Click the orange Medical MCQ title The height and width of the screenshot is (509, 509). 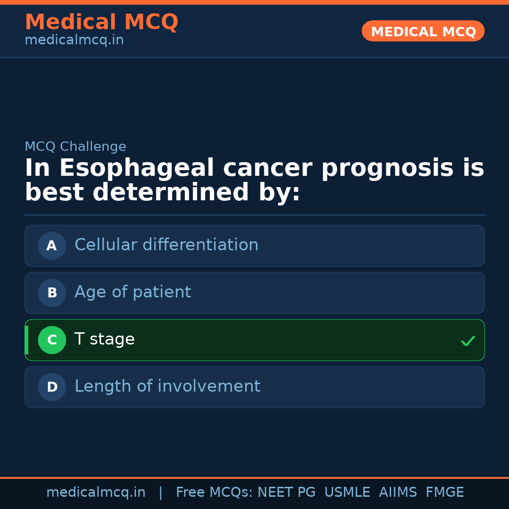pyautogui.click(x=102, y=22)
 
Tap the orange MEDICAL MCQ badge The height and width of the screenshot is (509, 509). pyautogui.click(x=423, y=31)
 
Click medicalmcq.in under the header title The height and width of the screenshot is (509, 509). pyautogui.click(x=74, y=40)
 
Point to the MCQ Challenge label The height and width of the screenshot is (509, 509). pyautogui.click(x=75, y=147)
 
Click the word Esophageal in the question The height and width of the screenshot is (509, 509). pyautogui.click(x=136, y=168)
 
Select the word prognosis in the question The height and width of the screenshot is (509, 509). pyautogui.click(x=387, y=168)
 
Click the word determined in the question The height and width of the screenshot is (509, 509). pyautogui.click(x=171, y=192)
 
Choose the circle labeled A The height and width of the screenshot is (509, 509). pyautogui.click(x=52, y=246)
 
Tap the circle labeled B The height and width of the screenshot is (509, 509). pyautogui.click(x=52, y=293)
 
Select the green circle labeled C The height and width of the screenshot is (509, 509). pyautogui.click(x=52, y=340)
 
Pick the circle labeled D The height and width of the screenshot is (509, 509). pyautogui.click(x=52, y=387)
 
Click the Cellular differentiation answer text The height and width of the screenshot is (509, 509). pyautogui.click(x=166, y=245)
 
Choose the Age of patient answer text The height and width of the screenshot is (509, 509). pyautogui.click(x=133, y=292)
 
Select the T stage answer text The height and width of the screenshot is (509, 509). pyautogui.click(x=105, y=339)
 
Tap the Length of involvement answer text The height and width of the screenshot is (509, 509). pyautogui.click(x=167, y=386)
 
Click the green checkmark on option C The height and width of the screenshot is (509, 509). pyautogui.click(x=468, y=341)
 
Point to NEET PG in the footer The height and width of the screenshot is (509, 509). pyautogui.click(x=287, y=492)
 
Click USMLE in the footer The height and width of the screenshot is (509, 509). pyautogui.click(x=347, y=492)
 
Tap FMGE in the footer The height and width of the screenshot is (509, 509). pyautogui.click(x=445, y=492)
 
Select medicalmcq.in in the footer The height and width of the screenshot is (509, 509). pyautogui.click(x=96, y=493)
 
